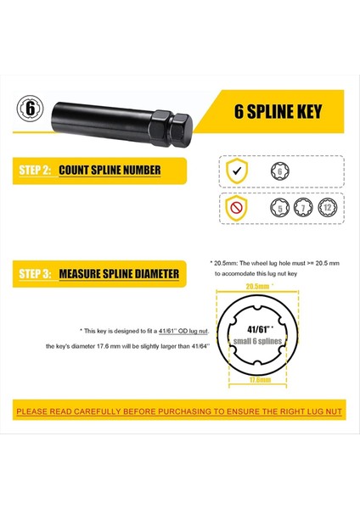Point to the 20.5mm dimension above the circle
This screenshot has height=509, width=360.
(x=256, y=288)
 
